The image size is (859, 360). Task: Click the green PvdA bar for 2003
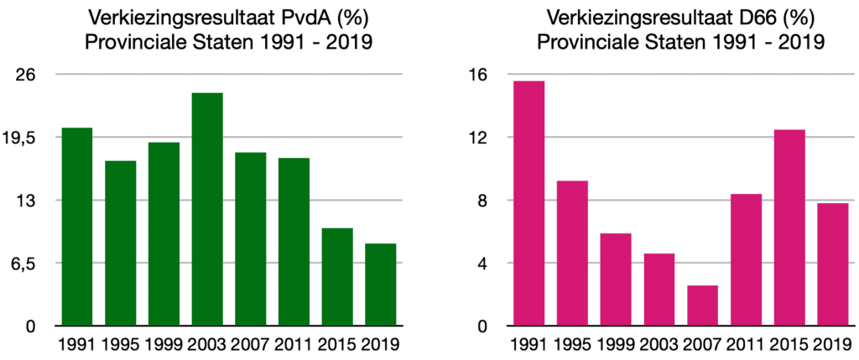(207, 209)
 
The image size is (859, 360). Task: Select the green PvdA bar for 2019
(381, 284)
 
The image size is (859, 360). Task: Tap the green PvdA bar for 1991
(77, 227)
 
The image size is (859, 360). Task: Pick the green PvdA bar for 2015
(337, 277)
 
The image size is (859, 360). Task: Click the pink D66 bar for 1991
(528, 203)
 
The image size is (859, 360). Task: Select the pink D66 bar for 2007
(702, 305)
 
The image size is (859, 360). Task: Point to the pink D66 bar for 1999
(616, 279)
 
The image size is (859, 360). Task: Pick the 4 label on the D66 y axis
(482, 263)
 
